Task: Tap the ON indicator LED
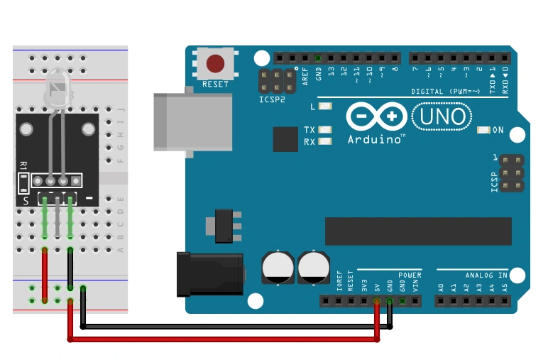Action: point(484,130)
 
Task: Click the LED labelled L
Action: point(326,107)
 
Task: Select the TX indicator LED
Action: point(326,130)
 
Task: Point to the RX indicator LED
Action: point(326,141)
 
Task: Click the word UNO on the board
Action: point(441,116)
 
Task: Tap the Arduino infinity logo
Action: point(376,116)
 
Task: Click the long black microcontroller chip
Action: point(418,231)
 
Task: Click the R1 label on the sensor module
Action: point(23,165)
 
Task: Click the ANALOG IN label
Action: point(486,275)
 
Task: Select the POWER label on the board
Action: point(410,275)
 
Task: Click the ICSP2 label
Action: point(272,100)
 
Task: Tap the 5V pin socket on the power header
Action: point(377,301)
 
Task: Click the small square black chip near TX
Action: point(285,139)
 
